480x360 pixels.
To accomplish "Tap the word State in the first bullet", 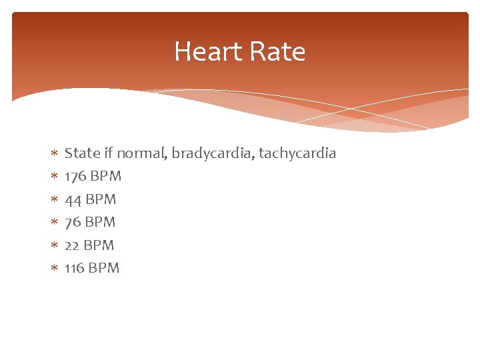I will tap(82, 153).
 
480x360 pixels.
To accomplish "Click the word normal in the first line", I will tap(142, 154).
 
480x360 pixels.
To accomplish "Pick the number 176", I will tap(75, 177).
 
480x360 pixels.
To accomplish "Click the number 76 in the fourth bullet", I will tap(73, 222).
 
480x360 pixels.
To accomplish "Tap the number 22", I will tap(72, 245).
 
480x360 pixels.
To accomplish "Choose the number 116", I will tap(75, 268).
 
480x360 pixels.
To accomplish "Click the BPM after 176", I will tap(105, 177).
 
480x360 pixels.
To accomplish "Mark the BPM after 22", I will tap(99, 245).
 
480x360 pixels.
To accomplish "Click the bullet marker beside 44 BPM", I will tap(54, 199).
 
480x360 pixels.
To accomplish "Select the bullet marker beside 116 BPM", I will tap(54, 268).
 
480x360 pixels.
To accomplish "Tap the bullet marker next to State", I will tap(54, 154).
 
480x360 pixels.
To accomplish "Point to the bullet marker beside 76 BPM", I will tap(54, 222).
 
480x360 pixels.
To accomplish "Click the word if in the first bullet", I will tap(109, 153).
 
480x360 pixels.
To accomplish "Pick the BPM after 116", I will tap(104, 268).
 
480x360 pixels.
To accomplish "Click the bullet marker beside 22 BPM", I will tap(54, 245).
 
